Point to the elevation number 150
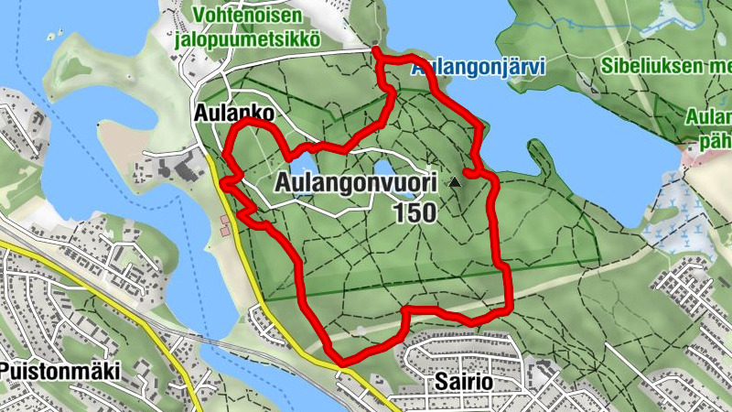(x=415, y=212)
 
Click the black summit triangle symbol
(x=454, y=183)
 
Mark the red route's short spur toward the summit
(x=472, y=171)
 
